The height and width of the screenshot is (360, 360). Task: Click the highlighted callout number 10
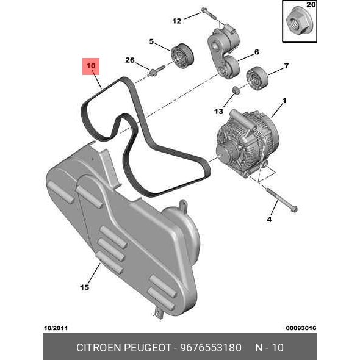91,66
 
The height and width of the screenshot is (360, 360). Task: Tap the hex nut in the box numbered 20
296,20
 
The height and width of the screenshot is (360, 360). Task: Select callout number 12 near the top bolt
177,21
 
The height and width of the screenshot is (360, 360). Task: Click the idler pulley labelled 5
182,56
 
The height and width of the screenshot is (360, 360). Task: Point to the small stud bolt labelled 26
157,71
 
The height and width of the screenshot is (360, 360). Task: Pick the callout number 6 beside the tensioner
257,52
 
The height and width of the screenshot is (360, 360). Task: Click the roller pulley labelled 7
257,78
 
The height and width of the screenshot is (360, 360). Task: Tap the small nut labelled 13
236,90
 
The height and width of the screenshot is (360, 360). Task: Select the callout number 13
218,112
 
